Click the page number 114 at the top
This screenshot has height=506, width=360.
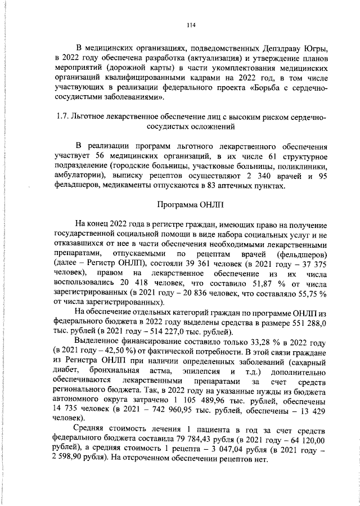pos(190,25)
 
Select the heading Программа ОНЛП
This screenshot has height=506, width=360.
pos(190,204)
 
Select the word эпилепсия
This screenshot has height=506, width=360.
pos(200,377)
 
